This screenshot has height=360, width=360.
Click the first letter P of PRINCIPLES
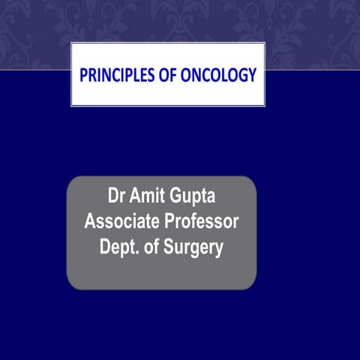click(x=83, y=75)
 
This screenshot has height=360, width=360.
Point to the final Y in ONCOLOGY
click(x=252, y=75)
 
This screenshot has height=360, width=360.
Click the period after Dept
click(x=138, y=252)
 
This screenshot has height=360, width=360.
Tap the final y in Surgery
click(x=218, y=248)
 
